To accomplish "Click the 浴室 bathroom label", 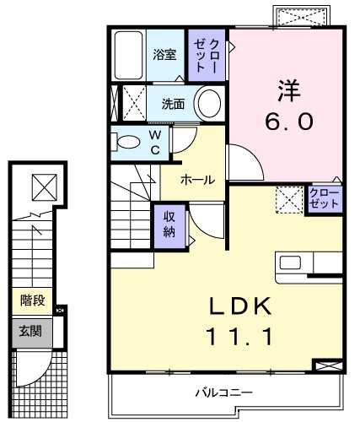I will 164,55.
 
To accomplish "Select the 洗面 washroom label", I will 173,105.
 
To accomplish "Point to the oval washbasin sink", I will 208,104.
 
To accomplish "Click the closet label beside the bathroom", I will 207,55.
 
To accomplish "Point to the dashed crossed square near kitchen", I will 289,199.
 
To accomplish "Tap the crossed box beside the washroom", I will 134,103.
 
